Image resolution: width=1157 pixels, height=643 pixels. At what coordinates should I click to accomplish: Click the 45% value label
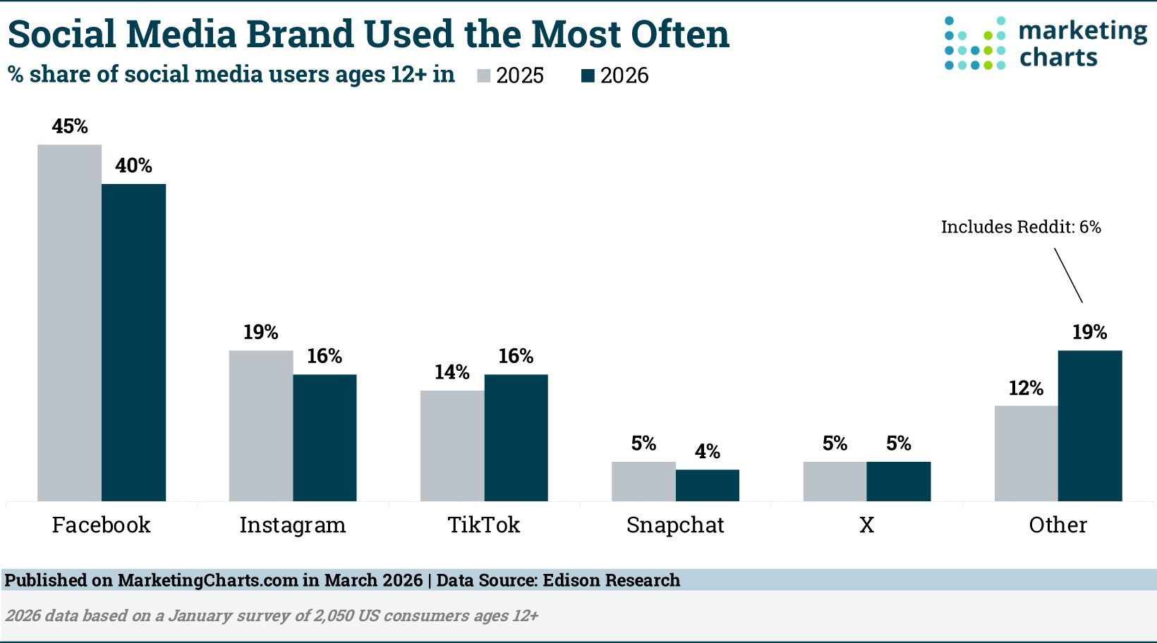coord(70,127)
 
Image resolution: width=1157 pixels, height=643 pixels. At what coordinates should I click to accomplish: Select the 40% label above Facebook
coord(133,166)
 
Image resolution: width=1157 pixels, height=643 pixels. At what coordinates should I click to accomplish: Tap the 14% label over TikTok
coord(452,372)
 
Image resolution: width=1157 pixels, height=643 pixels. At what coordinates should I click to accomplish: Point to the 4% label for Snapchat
coord(708,452)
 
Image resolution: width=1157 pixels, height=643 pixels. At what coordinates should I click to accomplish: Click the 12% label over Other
coord(1026,388)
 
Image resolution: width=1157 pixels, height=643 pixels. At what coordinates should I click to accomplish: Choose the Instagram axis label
coord(292,525)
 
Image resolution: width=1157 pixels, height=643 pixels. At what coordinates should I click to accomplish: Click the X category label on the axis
coord(866,525)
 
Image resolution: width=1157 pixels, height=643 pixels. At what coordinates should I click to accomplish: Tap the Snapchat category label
coord(675,525)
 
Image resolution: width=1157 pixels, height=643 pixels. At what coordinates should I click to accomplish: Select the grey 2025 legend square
coord(484,76)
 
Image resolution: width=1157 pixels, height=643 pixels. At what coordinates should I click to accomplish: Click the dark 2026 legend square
coord(588,76)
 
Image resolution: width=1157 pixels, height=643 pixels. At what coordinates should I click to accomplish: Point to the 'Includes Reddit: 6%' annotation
coord(1020,227)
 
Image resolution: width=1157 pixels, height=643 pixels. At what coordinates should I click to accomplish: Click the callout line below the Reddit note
coord(1068,275)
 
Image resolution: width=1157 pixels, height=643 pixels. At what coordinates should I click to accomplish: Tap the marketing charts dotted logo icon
coord(975,44)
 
